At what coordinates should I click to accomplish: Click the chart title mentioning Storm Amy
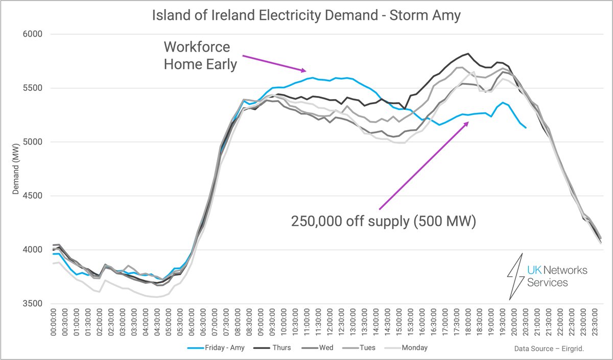point(306,16)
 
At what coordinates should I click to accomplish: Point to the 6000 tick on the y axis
point(33,34)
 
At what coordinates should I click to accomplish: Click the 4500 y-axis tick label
point(33,196)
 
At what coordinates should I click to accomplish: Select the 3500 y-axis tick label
point(33,303)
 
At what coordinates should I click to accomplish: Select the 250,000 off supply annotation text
point(383,222)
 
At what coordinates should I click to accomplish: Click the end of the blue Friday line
point(526,128)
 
